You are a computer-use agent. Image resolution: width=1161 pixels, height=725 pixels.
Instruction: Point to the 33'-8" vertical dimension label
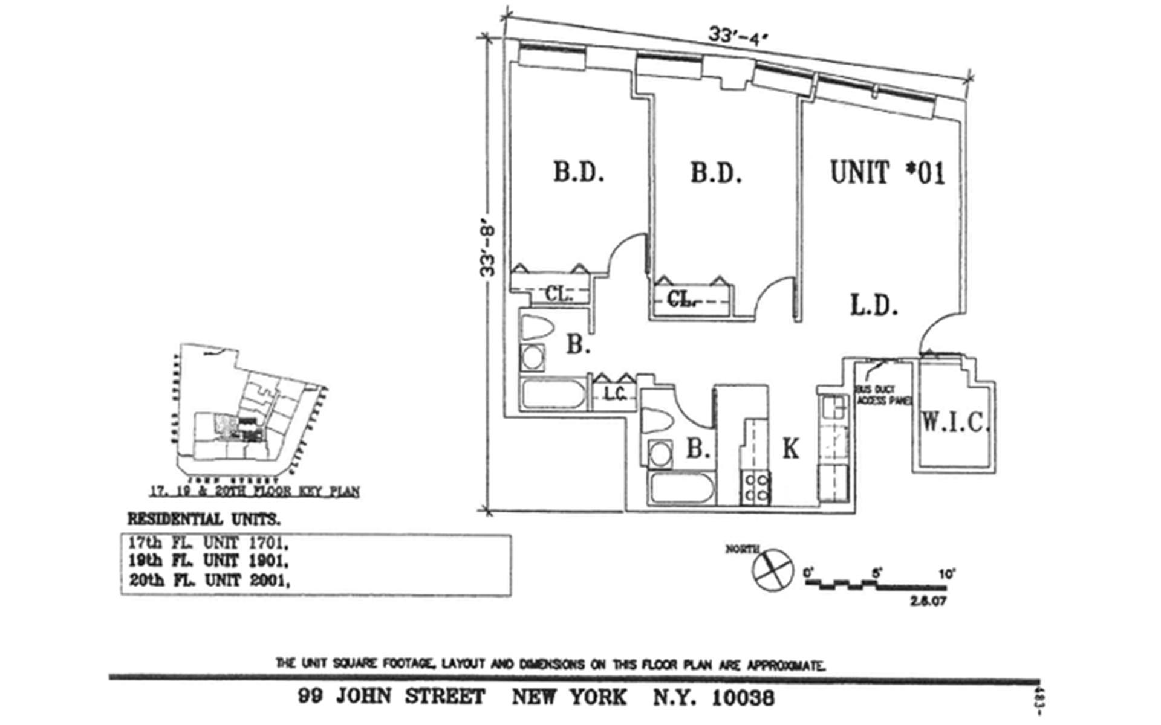pyautogui.click(x=487, y=251)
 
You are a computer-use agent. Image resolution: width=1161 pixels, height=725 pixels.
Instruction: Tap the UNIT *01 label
pyautogui.click(x=887, y=173)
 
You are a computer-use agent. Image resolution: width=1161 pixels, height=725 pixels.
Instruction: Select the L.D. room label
pyautogui.click(x=874, y=306)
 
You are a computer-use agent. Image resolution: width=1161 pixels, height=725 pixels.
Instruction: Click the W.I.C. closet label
pyautogui.click(x=954, y=422)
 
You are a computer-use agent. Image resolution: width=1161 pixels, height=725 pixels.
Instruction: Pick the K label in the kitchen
pyautogui.click(x=791, y=449)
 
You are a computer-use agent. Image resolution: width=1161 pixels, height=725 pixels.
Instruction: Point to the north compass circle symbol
pyautogui.click(x=773, y=569)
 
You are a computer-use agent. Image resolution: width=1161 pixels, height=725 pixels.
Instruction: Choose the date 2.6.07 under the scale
pyautogui.click(x=927, y=601)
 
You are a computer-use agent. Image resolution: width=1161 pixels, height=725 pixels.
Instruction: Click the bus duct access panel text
pyautogui.click(x=883, y=395)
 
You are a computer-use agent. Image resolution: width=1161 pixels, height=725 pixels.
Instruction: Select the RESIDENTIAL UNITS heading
pyautogui.click(x=204, y=520)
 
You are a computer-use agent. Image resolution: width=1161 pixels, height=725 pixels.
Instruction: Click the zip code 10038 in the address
pyautogui.click(x=743, y=698)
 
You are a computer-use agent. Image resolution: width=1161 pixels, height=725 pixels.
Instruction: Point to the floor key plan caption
pyautogui.click(x=254, y=492)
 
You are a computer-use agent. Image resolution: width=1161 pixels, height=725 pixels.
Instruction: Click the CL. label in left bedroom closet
pyautogui.click(x=558, y=294)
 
